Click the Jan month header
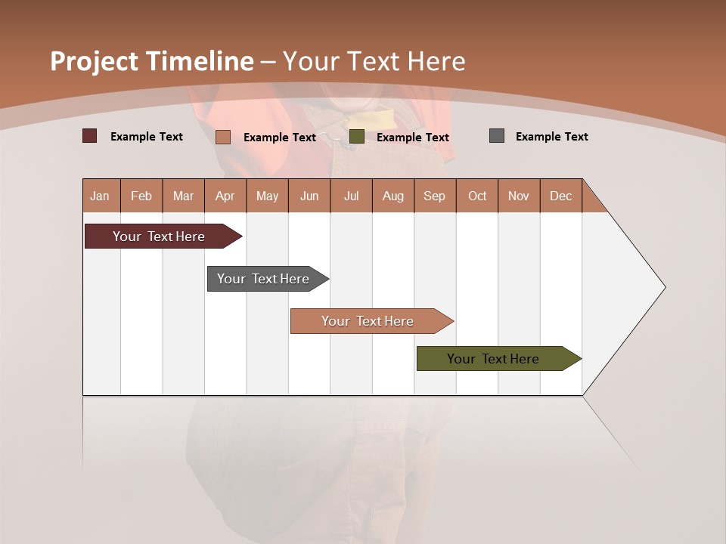pyautogui.click(x=101, y=196)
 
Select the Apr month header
pyautogui.click(x=225, y=196)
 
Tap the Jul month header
pyautogui.click(x=351, y=196)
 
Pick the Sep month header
pyautogui.click(x=434, y=196)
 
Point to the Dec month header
pyautogui.click(x=560, y=196)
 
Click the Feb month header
pyautogui.click(x=141, y=196)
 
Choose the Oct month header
pyautogui.click(x=477, y=196)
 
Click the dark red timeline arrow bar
pyautogui.click(x=159, y=236)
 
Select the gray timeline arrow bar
pyautogui.click(x=263, y=279)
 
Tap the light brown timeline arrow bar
pyautogui.click(x=368, y=321)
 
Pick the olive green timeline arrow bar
pyautogui.click(x=493, y=359)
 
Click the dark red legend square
pyautogui.click(x=90, y=136)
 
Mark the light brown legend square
pyautogui.click(x=222, y=137)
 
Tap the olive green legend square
pyautogui.click(x=357, y=137)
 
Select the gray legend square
pyautogui.click(x=497, y=136)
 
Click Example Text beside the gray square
pyautogui.click(x=551, y=137)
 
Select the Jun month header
pyautogui.click(x=309, y=196)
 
